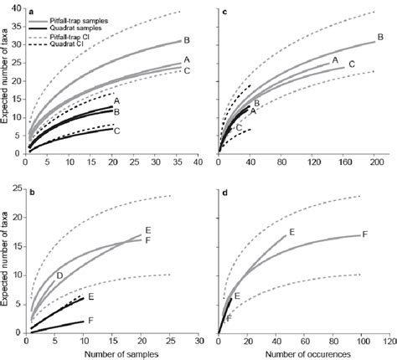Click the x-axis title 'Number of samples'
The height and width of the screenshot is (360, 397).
112,353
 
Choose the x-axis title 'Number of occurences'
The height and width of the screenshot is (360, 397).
303,353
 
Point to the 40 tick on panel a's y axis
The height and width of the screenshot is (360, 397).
18,9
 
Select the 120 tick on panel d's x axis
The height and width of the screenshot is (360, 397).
389,342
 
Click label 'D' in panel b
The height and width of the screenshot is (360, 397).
59,275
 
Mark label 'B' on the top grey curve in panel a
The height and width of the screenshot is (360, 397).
188,40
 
